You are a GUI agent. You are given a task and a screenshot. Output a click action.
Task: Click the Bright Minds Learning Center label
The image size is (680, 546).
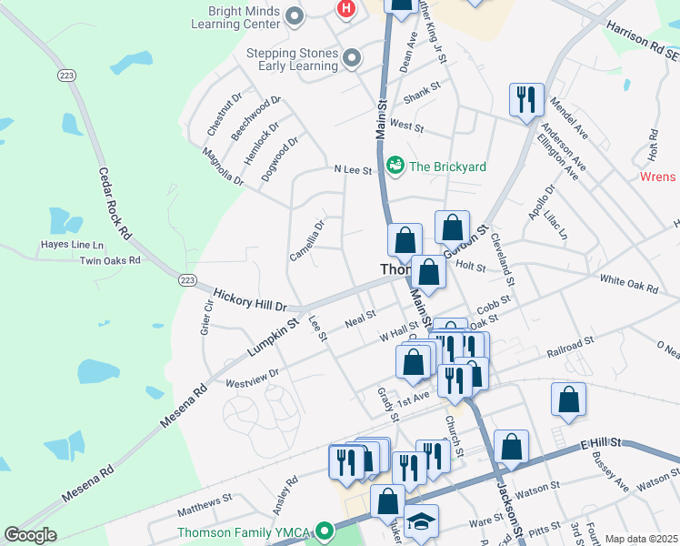pos(235,15)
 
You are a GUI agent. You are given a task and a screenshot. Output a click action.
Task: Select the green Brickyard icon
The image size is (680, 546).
pos(395,166)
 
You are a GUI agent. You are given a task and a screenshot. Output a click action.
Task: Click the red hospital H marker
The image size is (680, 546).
pos(345,9)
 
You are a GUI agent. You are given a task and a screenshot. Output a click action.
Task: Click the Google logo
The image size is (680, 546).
pos(30,535)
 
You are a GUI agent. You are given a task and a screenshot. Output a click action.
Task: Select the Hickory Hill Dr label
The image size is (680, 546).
pos(249,300)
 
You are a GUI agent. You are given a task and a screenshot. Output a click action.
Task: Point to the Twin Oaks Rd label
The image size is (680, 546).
pos(110,260)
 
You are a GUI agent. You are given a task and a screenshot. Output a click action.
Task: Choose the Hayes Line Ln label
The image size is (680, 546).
pos(72,245)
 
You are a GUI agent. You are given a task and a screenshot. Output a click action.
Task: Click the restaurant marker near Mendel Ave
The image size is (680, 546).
pos(526,100)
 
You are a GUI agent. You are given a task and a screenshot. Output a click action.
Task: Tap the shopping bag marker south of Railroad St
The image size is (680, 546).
pos(568,399)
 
